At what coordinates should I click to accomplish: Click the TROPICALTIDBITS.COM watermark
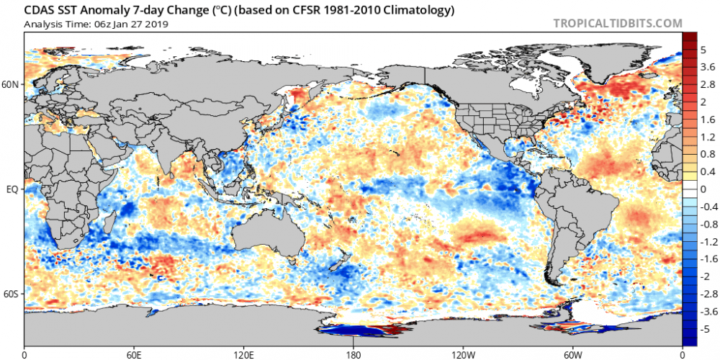618,23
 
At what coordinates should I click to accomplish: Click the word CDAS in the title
40,11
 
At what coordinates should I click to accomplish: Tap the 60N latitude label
11,84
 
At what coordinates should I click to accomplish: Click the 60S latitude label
11,294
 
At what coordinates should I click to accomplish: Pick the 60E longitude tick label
134,354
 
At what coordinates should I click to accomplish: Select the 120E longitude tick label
243,354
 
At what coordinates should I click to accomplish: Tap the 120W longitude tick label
463,354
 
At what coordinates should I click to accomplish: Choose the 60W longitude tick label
572,354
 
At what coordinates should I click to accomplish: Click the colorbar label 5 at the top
702,51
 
